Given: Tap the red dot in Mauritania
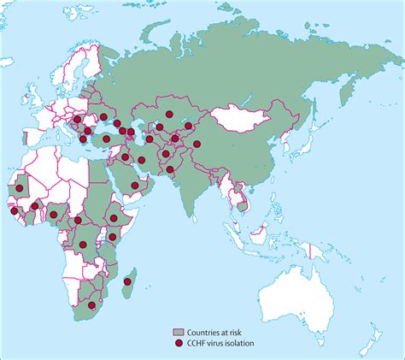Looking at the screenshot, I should click(20, 187).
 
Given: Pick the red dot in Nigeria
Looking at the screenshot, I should click(54, 215).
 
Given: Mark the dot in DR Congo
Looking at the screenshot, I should click(84, 245).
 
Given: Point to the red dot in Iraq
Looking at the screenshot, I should click(125, 157).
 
